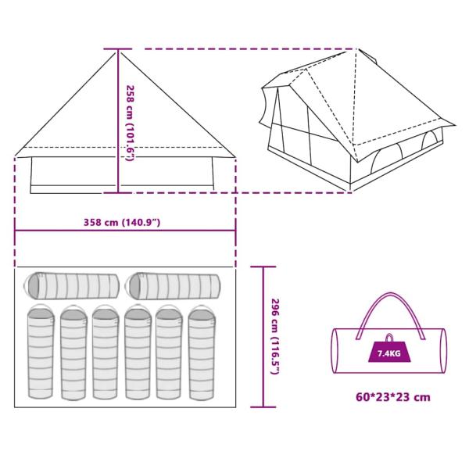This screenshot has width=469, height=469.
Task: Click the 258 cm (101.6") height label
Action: (x=131, y=124)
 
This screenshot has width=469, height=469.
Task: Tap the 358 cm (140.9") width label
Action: (x=122, y=223)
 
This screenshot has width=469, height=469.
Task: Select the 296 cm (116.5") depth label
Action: (x=274, y=336)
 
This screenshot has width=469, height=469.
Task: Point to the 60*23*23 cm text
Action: (x=393, y=397)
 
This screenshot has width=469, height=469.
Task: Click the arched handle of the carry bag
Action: (x=390, y=316)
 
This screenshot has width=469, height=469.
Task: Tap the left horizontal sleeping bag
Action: (x=71, y=286)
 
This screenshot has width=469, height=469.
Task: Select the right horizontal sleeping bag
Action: (x=173, y=286)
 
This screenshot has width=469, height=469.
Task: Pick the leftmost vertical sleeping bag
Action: (x=41, y=352)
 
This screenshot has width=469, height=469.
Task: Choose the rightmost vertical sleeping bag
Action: (x=202, y=353)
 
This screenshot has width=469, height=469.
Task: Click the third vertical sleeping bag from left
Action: (x=106, y=352)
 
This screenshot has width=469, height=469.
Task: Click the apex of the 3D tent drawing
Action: (x=356, y=49)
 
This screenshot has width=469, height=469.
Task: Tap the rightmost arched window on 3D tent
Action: (x=429, y=140)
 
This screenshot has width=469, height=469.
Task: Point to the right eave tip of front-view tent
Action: (x=235, y=156)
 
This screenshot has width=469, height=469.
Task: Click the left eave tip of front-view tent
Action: (x=16, y=156)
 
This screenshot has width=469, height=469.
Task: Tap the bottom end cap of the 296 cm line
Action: (x=263, y=406)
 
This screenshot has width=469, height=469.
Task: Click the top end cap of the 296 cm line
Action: (x=263, y=267)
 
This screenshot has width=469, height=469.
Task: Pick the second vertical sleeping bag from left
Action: (x=73, y=353)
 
